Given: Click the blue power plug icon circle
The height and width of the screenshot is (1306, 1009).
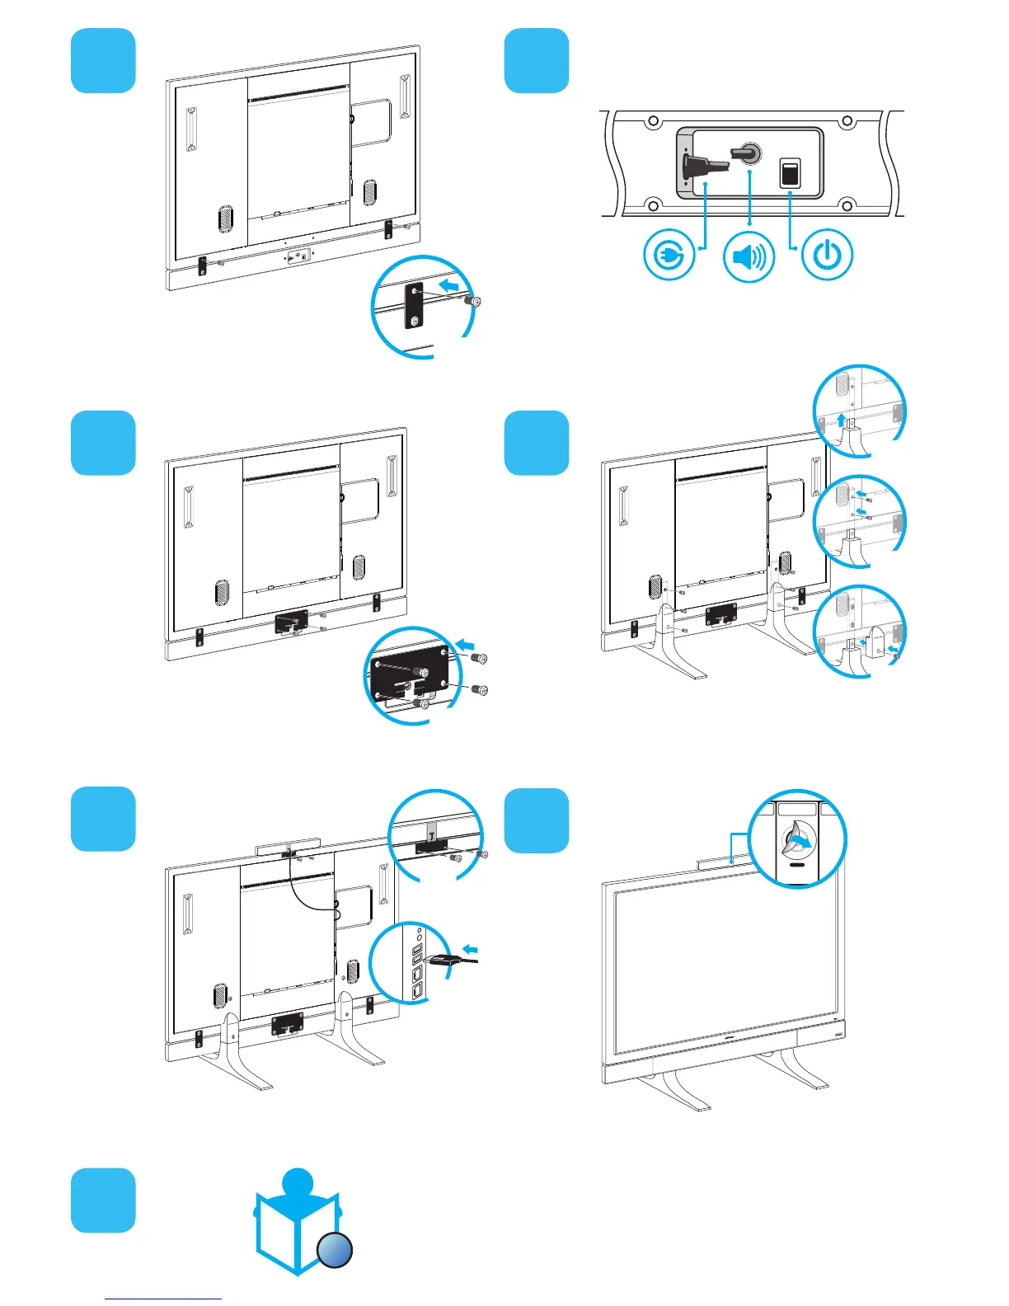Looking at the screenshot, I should [x=669, y=256].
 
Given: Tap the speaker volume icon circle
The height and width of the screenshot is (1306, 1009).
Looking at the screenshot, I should [x=749, y=256].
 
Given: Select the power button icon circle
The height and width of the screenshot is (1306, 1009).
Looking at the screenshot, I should [x=827, y=256].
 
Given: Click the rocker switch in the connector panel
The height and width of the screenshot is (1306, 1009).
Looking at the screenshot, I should [x=790, y=173].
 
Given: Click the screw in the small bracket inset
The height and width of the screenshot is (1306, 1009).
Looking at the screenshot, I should [x=473, y=302].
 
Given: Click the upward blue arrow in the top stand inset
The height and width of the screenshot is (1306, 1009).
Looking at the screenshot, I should [x=842, y=420].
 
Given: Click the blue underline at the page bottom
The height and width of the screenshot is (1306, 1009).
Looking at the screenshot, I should [x=163, y=1299].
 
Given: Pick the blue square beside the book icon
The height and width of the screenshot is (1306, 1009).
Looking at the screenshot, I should [x=103, y=1200].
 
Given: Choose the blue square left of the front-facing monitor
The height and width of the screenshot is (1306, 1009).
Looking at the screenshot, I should [x=536, y=820].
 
